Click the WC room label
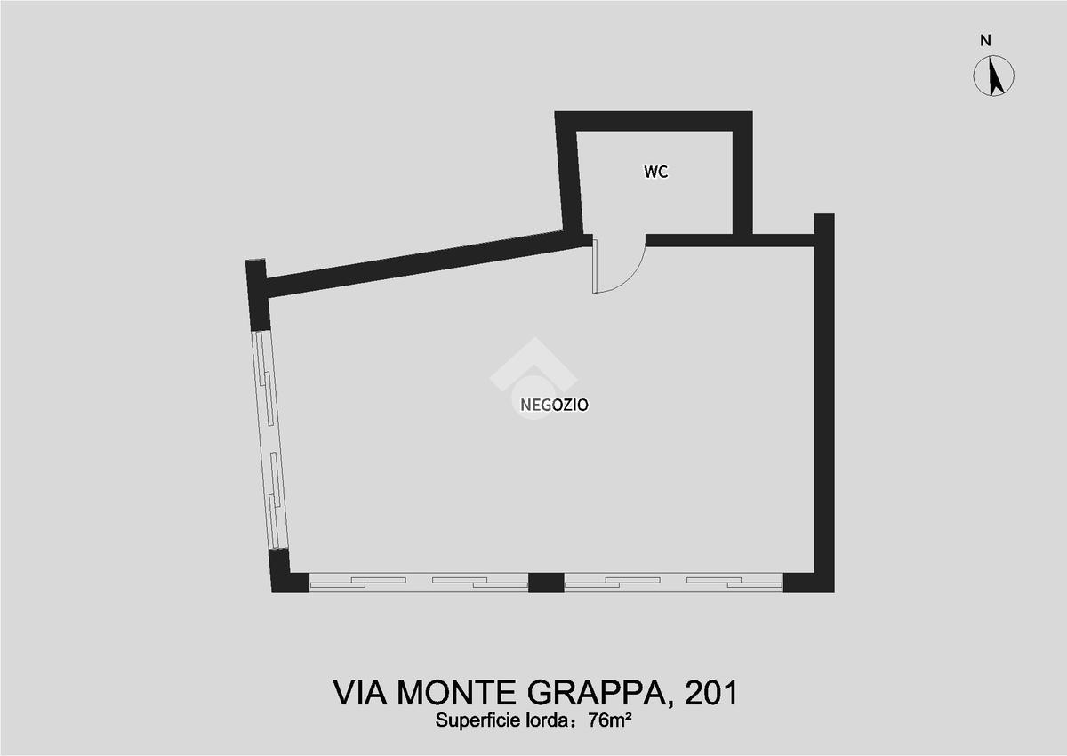point(656,172)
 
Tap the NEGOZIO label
point(555,405)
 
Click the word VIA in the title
point(359,693)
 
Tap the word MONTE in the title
point(457,693)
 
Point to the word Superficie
point(477,720)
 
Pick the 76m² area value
point(610,720)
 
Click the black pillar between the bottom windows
point(546,583)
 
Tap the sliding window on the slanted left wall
point(270,439)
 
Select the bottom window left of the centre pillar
point(419,583)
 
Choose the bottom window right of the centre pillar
point(674,583)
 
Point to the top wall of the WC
point(654,121)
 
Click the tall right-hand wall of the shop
point(824,403)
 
